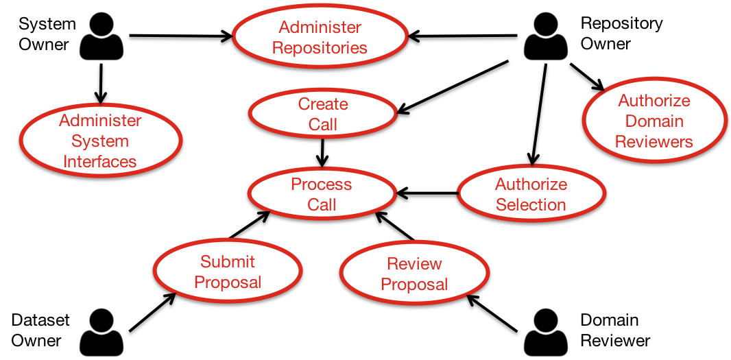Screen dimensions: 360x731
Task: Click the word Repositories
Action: [x=320, y=48]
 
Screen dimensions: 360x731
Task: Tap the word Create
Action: [x=323, y=104]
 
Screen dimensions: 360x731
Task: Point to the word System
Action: [x=100, y=141]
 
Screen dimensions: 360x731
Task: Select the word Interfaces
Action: [x=100, y=162]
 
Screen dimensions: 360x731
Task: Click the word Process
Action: [x=322, y=184]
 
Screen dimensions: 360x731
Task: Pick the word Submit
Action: [x=228, y=262]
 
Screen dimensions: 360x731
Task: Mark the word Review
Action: [x=414, y=264]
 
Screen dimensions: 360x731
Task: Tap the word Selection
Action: [x=531, y=205]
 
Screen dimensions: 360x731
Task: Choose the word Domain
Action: [x=654, y=121]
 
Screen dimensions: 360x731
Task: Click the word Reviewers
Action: [x=654, y=142]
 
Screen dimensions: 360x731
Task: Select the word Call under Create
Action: [x=323, y=125]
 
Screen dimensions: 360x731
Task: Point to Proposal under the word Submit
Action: [x=228, y=283]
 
